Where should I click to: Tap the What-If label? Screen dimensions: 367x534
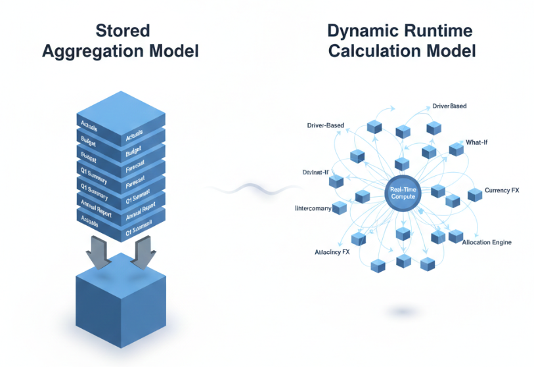[477, 142]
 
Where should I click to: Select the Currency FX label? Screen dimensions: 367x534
[502, 190]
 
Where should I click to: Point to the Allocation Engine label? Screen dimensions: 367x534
[487, 242]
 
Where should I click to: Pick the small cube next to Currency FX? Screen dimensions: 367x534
[474, 194]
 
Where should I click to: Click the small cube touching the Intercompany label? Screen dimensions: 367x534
[340, 208]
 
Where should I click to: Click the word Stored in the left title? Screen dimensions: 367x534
[122, 31]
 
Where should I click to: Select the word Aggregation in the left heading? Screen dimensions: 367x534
[98, 51]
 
